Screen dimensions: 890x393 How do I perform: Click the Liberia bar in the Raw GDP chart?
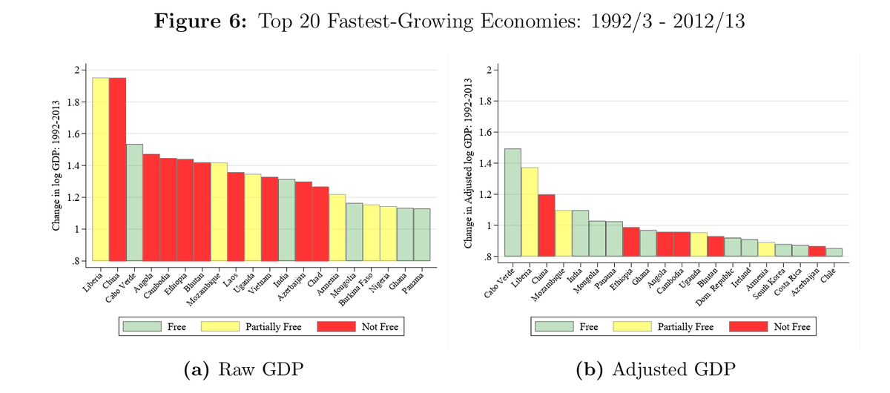click(101, 169)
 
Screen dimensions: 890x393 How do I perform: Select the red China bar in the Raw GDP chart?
click(118, 169)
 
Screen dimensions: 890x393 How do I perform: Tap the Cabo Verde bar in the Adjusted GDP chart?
click(512, 202)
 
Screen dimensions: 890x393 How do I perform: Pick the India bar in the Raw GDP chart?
click(286, 219)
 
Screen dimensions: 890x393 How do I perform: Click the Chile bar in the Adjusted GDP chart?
click(834, 252)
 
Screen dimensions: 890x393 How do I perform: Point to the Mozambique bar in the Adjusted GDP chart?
click(564, 234)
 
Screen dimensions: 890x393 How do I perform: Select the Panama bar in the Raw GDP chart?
click(422, 235)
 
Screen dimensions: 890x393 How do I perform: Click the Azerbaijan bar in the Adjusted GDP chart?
click(817, 251)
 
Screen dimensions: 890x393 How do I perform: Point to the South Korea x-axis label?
click(770, 284)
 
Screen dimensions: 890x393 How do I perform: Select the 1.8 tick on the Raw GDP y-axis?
click(74, 102)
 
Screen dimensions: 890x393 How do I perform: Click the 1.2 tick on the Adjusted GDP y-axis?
click(486, 195)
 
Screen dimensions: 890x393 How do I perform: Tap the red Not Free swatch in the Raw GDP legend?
click(336, 327)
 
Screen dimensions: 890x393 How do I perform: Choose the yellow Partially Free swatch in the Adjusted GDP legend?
click(632, 327)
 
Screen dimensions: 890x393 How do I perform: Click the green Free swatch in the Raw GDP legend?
click(142, 327)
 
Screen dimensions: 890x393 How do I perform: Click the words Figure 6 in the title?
click(200, 21)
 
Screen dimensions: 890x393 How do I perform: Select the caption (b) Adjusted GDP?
click(656, 369)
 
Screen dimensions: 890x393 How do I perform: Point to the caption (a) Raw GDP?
click(243, 369)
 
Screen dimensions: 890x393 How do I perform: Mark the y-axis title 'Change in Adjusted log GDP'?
click(468, 163)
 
